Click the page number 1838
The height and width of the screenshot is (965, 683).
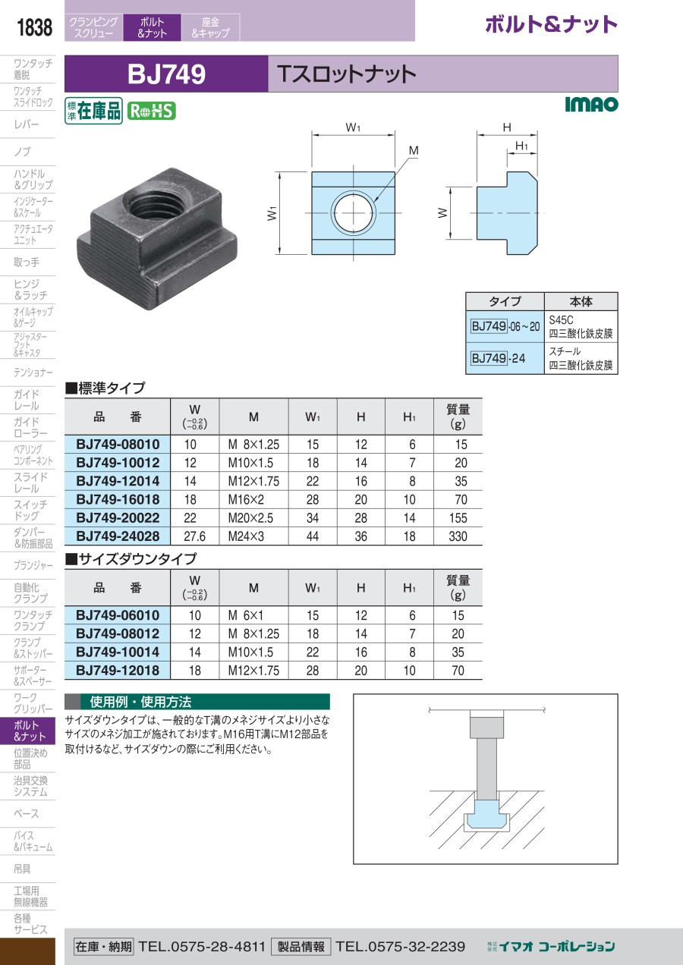point(34,28)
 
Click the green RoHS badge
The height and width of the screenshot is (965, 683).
point(151,111)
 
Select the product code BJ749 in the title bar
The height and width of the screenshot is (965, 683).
point(166,74)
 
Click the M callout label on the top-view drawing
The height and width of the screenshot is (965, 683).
point(414,152)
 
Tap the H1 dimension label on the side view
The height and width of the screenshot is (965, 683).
point(521,145)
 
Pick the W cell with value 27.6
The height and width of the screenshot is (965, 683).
point(195,536)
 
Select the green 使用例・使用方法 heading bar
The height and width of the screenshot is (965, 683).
point(197,702)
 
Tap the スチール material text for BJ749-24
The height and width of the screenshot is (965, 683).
point(565,352)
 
